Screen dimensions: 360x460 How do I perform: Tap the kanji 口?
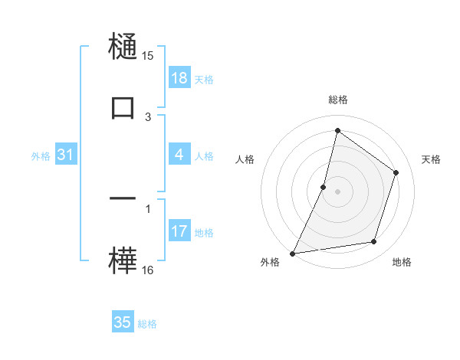[123, 107]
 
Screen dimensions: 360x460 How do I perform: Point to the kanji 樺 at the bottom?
[123, 260]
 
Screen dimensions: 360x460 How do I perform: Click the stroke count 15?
[148, 55]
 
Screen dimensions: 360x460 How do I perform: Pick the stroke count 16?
[148, 270]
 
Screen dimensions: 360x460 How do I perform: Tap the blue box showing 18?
[179, 78]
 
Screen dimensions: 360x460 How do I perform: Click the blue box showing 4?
[179, 155]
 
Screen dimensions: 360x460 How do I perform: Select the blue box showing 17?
[179, 231]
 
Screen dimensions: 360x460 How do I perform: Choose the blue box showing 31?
[65, 155]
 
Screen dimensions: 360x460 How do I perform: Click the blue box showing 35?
[123, 322]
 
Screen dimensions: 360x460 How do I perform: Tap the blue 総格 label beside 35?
[147, 324]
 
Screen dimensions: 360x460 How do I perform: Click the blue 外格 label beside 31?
[41, 155]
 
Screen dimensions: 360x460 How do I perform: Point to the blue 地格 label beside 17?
[204, 232]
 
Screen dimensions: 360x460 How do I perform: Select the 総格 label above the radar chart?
[337, 100]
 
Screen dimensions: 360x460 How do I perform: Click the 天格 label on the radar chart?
[431, 159]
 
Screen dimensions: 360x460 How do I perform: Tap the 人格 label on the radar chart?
[245, 159]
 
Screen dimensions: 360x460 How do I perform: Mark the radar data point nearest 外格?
[292, 253]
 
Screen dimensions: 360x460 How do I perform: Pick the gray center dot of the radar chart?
[337, 191]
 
